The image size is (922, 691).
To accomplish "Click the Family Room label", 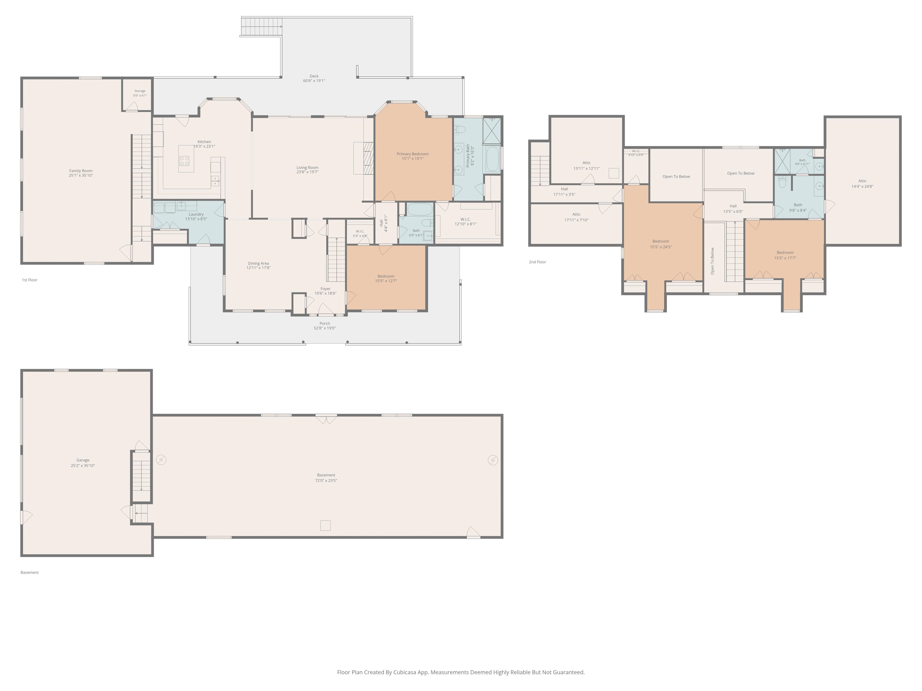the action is click(x=81, y=171).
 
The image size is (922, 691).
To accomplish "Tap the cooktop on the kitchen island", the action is click(x=184, y=161).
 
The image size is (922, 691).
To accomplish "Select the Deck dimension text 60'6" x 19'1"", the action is click(x=314, y=81).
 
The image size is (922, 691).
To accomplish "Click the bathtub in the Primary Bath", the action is click(x=493, y=159).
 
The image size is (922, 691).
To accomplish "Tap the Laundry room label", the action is click(x=196, y=214).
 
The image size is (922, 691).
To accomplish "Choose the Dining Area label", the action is click(x=258, y=263).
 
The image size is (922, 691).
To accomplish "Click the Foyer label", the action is click(x=326, y=289).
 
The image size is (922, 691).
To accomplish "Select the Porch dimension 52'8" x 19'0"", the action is click(x=325, y=328).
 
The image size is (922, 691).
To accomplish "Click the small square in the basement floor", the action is click(x=326, y=526).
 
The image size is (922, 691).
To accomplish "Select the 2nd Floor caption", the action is click(x=537, y=262).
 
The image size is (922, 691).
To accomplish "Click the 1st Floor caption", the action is click(x=30, y=280).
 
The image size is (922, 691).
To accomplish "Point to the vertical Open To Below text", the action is click(x=712, y=261).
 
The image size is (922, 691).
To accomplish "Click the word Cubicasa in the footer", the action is click(x=404, y=672).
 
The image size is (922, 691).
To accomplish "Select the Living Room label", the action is click(x=308, y=167).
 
